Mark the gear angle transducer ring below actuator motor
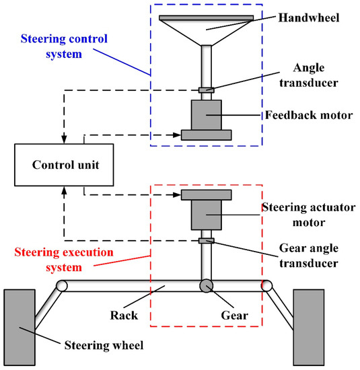(x=207, y=240)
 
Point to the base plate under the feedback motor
(x=207, y=135)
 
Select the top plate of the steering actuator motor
(x=207, y=194)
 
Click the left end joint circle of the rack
(x=62, y=285)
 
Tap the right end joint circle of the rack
(x=269, y=285)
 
